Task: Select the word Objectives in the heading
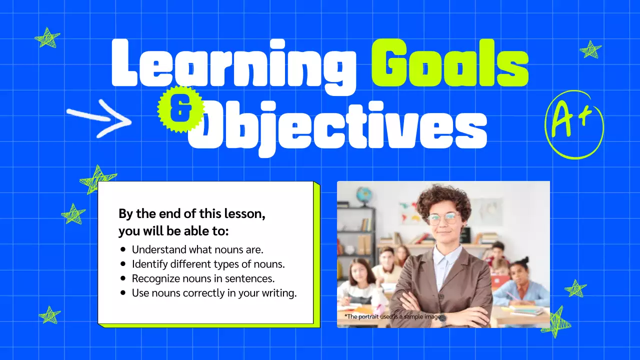(x=338, y=125)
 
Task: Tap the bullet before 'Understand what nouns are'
(x=123, y=249)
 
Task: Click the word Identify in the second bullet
(x=149, y=264)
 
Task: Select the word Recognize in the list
(x=156, y=278)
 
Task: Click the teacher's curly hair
(x=443, y=197)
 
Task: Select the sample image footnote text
(x=392, y=316)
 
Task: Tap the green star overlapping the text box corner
(x=97, y=178)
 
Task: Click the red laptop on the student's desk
(x=500, y=281)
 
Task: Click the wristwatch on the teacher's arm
(x=442, y=317)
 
